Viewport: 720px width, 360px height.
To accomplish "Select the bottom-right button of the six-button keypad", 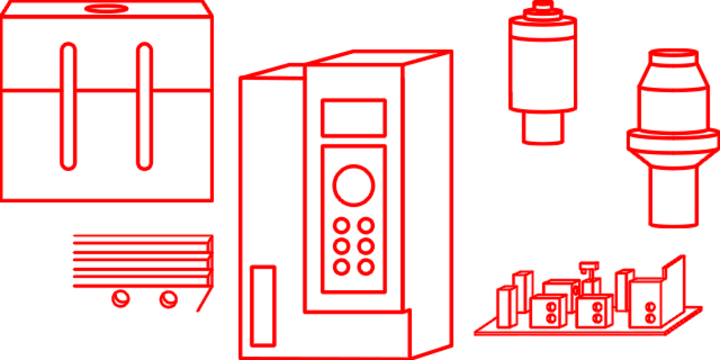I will [366, 267].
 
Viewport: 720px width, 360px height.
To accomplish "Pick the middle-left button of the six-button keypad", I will [340, 246].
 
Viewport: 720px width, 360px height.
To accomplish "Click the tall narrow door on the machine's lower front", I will [262, 305].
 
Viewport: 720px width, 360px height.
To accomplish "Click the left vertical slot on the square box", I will [68, 106].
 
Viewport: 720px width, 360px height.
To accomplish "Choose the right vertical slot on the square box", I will [145, 106].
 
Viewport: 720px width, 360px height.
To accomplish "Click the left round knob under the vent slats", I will [120, 298].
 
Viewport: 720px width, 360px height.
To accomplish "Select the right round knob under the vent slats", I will [167, 298].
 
